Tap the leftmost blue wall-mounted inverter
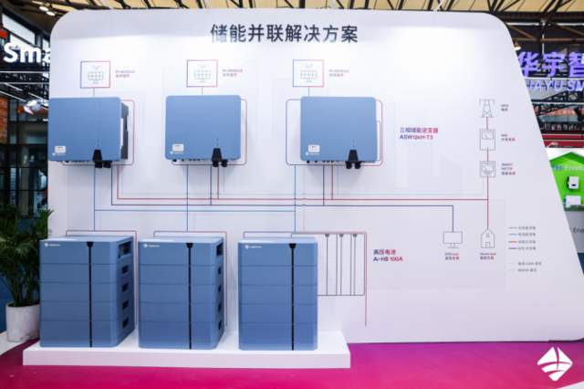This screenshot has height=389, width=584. pos(88,129)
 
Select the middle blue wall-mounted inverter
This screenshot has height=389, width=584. pos(203,127)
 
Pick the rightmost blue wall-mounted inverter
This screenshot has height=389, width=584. pos(338,128)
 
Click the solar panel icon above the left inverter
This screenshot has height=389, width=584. pos(95,74)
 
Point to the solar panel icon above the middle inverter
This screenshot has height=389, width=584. pos(202,73)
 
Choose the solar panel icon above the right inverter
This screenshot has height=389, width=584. pos(308,73)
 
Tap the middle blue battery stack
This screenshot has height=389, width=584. pos(182,292)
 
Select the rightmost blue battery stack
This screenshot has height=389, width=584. pos(277,292)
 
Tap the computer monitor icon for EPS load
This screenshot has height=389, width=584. pos(453,238)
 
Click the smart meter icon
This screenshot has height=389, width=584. pos(487,170)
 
